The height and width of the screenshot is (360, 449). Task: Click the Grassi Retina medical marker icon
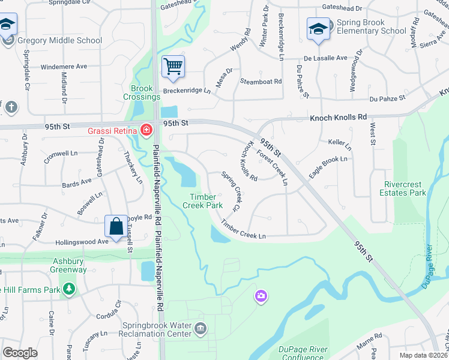(146, 130)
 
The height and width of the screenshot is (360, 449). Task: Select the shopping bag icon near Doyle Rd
(116, 226)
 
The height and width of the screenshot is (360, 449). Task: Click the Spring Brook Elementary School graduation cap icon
(318, 28)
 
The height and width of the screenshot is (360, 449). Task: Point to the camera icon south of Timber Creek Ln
(261, 295)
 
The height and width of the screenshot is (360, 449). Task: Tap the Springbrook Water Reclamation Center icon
(201, 328)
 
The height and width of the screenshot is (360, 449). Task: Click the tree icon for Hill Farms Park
(70, 289)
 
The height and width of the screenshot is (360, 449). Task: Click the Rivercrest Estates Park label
(403, 188)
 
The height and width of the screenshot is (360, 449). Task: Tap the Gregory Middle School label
(60, 41)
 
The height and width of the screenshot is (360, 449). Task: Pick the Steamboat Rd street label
(261, 81)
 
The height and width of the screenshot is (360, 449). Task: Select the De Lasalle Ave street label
(325, 58)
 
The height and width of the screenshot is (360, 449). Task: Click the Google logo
(20, 352)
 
